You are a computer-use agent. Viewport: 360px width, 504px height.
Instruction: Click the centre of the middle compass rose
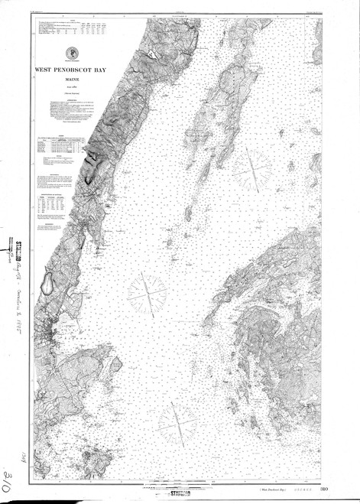(x=147, y=293)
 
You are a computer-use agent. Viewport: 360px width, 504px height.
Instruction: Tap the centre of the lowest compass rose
(x=179, y=420)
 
